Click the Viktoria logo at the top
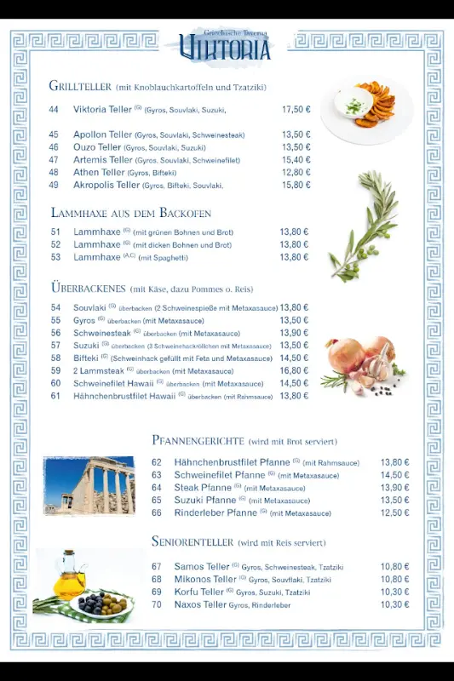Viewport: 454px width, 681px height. tap(226, 47)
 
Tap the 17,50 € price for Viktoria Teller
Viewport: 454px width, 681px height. tap(296, 109)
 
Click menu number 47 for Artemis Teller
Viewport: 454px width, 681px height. tap(54, 160)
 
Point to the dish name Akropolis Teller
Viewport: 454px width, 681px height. tap(106, 185)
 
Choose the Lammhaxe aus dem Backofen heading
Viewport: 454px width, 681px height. tap(130, 213)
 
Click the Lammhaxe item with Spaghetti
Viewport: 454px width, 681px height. tap(97, 257)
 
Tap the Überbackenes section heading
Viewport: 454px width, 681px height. tap(88, 288)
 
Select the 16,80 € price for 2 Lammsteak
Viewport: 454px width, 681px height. tap(294, 370)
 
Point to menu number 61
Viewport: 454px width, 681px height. tap(55, 396)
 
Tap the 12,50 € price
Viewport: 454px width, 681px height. tap(394, 513)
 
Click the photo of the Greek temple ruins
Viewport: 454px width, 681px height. tap(89, 486)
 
